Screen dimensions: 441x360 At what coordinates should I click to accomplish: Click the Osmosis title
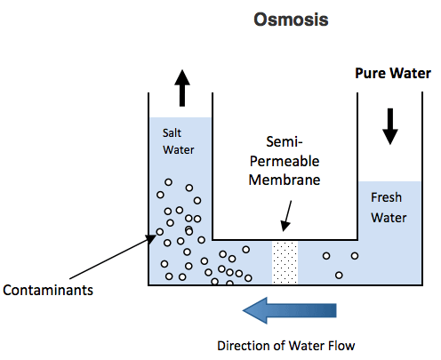291,20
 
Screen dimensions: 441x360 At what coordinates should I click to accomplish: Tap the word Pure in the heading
370,73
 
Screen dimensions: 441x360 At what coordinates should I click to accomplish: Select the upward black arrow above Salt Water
182,88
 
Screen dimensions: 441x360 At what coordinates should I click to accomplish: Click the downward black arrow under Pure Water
390,126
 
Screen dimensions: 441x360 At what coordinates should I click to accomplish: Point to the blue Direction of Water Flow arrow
290,310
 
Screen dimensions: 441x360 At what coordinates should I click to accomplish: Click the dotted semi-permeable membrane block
285,262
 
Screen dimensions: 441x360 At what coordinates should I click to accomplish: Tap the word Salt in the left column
172,132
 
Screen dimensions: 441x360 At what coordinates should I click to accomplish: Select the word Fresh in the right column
386,197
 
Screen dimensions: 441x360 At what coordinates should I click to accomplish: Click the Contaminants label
48,290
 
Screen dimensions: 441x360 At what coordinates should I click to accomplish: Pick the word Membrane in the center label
285,180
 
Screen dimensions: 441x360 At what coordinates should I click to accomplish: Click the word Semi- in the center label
285,141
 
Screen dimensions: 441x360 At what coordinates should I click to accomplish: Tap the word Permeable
285,161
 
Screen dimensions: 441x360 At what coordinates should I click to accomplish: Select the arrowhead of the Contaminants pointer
151,238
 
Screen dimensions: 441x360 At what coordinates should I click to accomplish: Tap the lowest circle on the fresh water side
339,276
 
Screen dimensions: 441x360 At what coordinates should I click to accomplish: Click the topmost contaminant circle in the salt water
168,182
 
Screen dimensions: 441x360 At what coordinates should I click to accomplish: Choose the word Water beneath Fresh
389,218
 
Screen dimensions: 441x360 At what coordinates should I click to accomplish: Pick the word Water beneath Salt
178,149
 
